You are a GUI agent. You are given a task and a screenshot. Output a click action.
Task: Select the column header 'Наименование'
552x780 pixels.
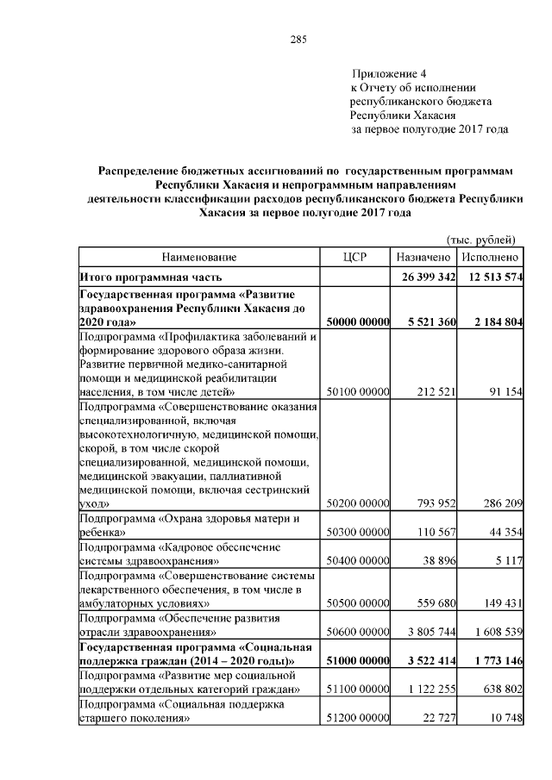[x=198, y=257]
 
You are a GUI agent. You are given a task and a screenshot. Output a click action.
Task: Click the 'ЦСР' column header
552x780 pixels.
[x=355, y=257]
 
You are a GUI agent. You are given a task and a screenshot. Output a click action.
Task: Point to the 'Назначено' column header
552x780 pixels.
[x=423, y=257]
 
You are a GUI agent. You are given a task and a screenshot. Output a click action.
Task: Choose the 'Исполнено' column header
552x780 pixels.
[x=490, y=257]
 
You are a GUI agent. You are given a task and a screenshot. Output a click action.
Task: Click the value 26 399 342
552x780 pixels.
[x=428, y=278]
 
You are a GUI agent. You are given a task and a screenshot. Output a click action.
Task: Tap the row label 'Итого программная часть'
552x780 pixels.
[x=151, y=278]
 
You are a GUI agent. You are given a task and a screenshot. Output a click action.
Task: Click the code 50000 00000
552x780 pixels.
[x=356, y=321]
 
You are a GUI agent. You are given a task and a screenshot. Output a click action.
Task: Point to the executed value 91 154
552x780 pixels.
[x=504, y=393]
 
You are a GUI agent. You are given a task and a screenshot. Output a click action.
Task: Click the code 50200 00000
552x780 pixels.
[x=356, y=502]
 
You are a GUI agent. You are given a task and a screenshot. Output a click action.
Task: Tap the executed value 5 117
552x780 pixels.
[x=509, y=561]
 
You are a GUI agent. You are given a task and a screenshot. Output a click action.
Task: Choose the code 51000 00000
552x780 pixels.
[x=356, y=661]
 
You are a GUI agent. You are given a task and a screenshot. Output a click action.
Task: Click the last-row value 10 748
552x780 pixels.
[x=504, y=718]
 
